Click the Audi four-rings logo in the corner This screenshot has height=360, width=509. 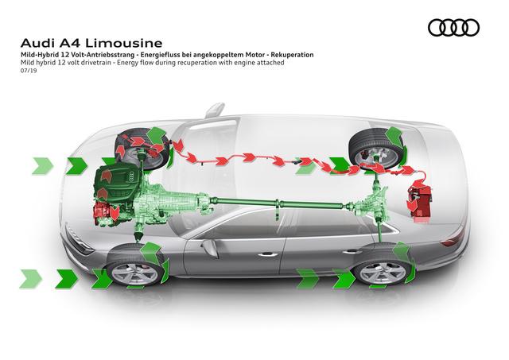tap(453, 28)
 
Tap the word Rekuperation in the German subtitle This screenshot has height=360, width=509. tap(292, 55)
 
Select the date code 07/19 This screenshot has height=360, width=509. tap(29, 71)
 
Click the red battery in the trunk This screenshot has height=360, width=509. tap(419, 202)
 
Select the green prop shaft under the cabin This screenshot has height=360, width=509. tap(278, 203)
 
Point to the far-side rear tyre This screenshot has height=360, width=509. tap(376, 148)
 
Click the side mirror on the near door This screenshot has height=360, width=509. tap(209, 247)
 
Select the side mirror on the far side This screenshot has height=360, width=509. tap(215, 110)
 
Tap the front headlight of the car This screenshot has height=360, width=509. tap(79, 242)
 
